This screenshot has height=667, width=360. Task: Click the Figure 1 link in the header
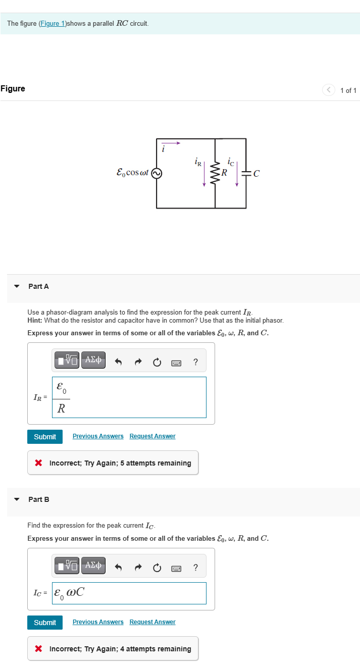[x=53, y=24]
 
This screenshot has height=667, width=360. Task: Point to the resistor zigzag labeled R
[x=216, y=173]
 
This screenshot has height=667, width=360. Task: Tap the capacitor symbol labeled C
[x=246, y=174]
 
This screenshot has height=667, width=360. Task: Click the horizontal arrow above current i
[x=171, y=143]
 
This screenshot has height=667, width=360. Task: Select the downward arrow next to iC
[x=236, y=177]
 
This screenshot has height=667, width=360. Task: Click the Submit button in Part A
[x=45, y=437]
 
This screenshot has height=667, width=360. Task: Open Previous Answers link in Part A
[x=98, y=436]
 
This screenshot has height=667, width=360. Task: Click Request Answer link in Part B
[x=152, y=622]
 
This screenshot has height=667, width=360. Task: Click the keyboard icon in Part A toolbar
[x=176, y=362]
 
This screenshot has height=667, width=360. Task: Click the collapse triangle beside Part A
[x=17, y=286]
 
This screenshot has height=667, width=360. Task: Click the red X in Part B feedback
[x=38, y=649]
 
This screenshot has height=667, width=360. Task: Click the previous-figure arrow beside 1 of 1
[x=329, y=90]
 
